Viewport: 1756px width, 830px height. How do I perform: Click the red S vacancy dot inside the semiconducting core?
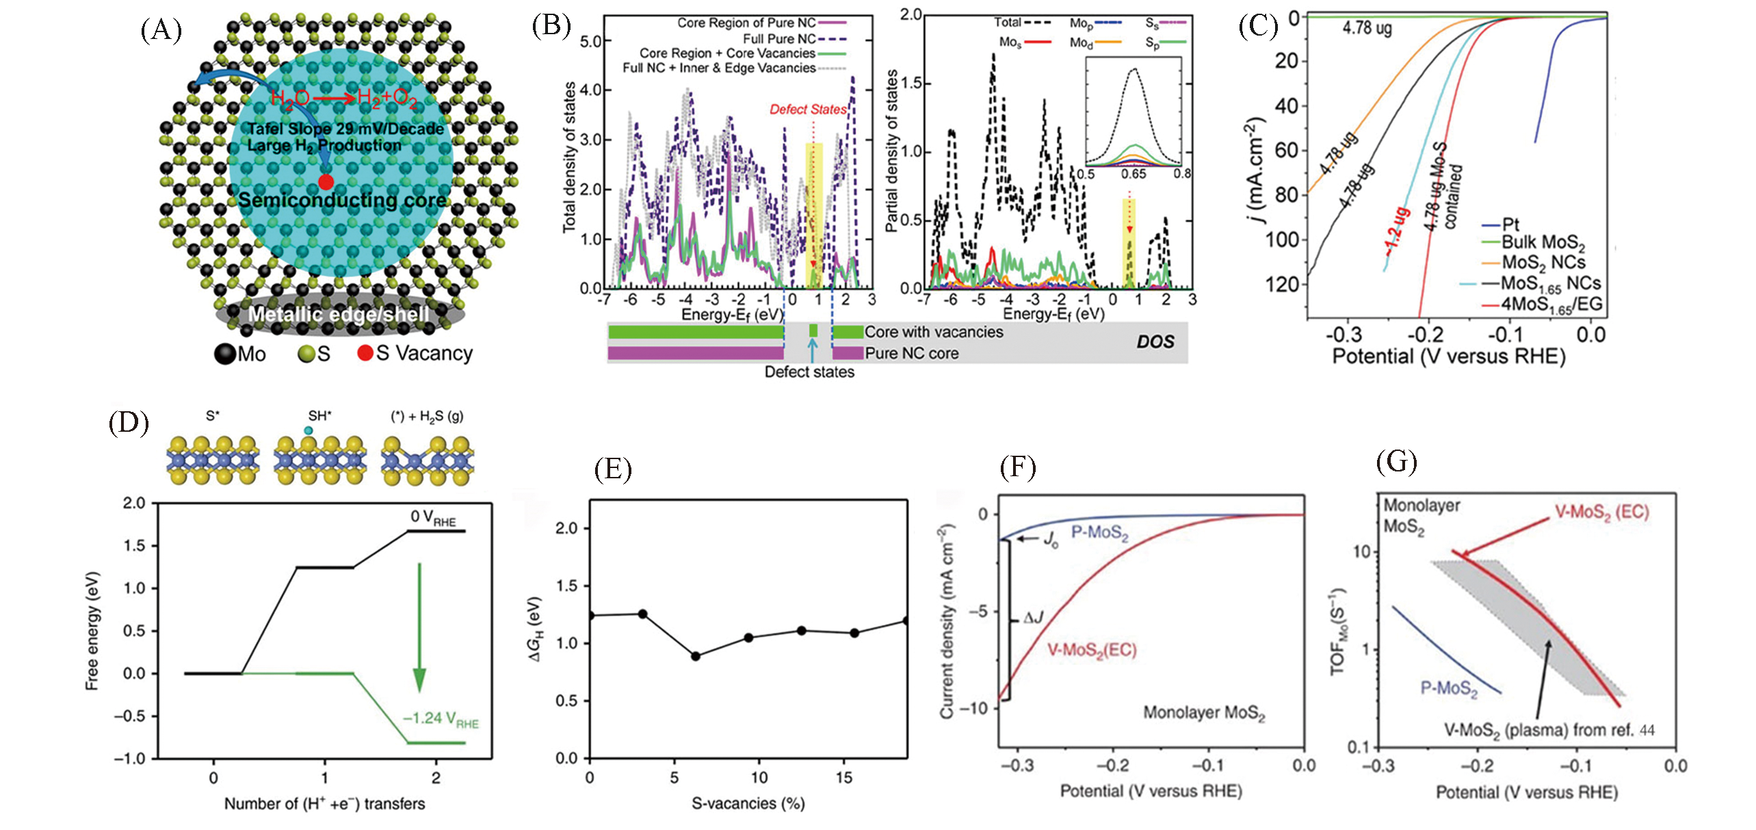tap(326, 182)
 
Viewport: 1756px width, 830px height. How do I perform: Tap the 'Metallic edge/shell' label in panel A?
tap(339, 314)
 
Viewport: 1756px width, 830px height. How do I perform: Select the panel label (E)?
tap(613, 470)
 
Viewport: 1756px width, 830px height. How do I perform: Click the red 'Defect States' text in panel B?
tap(808, 109)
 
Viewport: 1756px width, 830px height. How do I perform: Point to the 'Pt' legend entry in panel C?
tap(1510, 224)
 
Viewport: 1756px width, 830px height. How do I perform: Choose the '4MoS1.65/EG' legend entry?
tap(1551, 304)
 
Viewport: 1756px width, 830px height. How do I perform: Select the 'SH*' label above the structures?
tap(319, 416)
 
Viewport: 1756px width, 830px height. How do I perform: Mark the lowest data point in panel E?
tap(695, 656)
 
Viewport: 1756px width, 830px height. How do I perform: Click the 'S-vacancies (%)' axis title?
tap(748, 803)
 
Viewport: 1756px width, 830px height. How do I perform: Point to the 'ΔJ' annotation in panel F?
tap(1033, 619)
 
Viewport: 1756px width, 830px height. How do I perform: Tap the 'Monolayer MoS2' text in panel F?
tap(1204, 713)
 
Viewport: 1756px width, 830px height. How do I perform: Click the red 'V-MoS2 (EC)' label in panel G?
tap(1601, 512)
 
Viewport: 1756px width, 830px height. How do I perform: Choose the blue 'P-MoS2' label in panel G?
tap(1449, 688)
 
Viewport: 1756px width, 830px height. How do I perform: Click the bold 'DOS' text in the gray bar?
tap(1155, 341)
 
